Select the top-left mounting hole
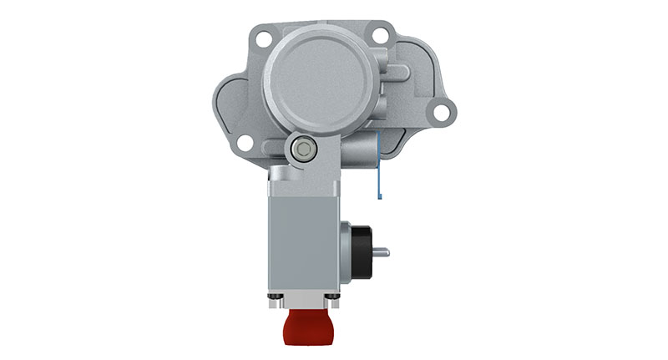[264, 37]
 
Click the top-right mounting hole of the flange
[381, 36]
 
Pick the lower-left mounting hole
[244, 144]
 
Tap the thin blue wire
[377, 164]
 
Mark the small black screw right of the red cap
[335, 297]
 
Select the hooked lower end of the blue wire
[379, 196]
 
